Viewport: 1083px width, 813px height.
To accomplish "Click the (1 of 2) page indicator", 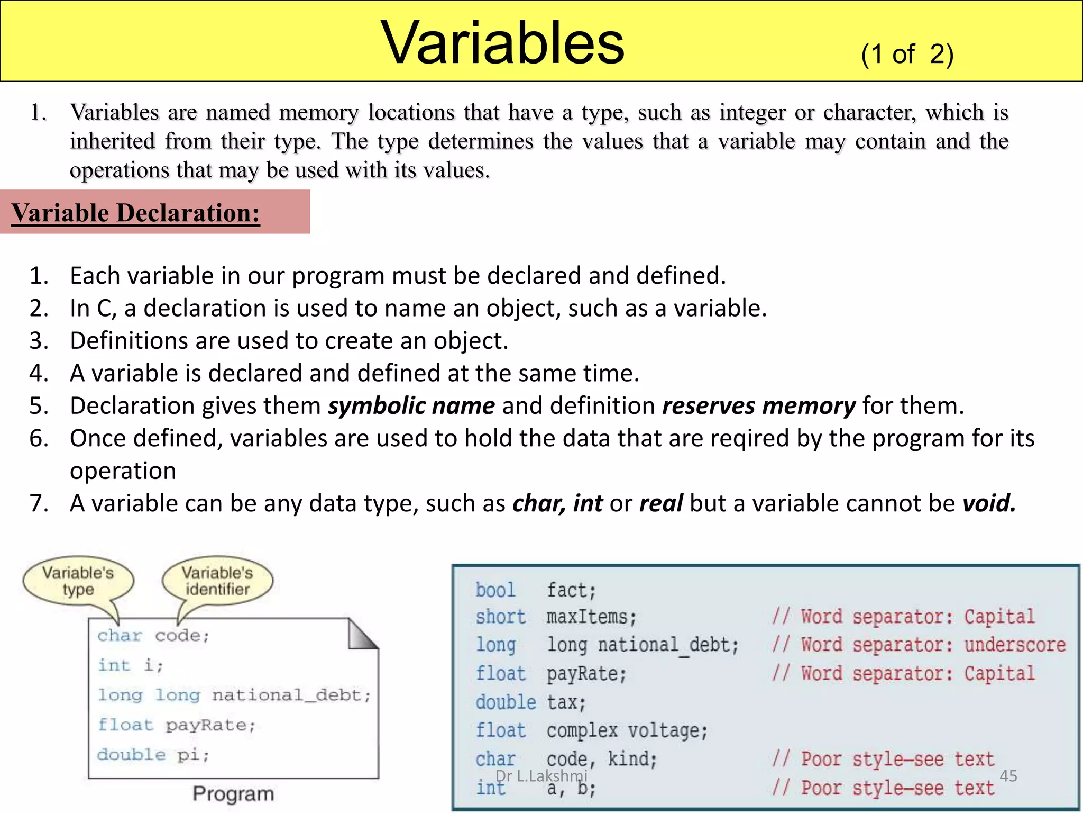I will click(x=907, y=54).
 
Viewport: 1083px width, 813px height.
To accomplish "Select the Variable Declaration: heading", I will click(x=136, y=213).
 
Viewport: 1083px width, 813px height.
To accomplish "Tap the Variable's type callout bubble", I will click(x=78, y=581).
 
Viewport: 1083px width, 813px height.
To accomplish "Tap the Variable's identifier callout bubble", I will click(x=217, y=581).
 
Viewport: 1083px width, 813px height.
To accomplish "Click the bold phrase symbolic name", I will click(x=411, y=406).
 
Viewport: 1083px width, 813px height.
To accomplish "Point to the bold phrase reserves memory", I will click(x=759, y=406).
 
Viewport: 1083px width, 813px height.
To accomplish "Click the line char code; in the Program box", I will click(x=153, y=635).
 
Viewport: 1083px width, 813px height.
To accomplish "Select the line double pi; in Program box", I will click(x=153, y=754).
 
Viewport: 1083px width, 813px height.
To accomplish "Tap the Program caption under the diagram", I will click(x=233, y=793).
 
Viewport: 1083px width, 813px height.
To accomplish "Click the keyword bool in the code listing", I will click(x=495, y=590).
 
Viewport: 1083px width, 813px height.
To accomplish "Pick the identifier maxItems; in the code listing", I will click(x=591, y=617).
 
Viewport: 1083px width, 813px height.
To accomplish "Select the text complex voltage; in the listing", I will click(x=627, y=731).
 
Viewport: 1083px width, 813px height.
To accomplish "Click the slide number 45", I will click(x=1008, y=776).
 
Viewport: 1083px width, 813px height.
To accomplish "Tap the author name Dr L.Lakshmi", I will click(x=541, y=776).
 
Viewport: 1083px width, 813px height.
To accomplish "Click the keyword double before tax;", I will click(x=506, y=702).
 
